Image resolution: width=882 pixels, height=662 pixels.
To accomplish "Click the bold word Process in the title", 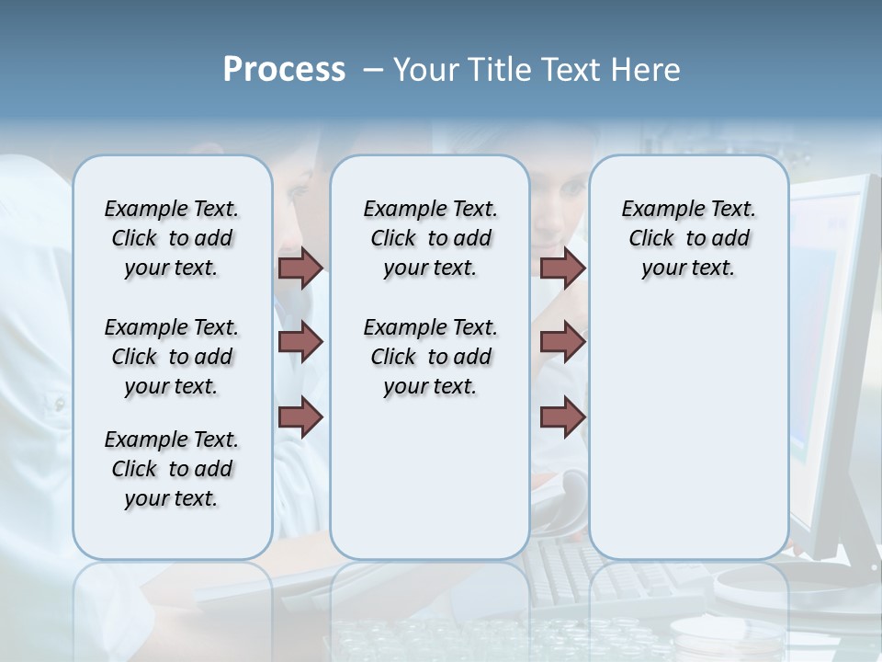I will [x=284, y=70].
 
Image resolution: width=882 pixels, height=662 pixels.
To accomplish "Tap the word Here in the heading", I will [x=647, y=70].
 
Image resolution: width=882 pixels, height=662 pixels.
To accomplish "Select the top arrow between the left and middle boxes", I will [x=300, y=268].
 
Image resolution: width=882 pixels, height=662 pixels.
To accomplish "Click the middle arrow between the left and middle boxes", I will [x=300, y=342].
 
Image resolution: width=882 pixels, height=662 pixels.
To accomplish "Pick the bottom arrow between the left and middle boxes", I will [x=300, y=417].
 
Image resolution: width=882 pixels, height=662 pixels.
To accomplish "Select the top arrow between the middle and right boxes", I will [x=562, y=268].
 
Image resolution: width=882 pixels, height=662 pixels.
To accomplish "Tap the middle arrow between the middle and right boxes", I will [x=562, y=342].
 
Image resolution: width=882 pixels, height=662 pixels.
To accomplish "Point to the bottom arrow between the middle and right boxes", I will [x=562, y=417].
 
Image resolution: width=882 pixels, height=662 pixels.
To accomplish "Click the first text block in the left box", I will [x=172, y=238].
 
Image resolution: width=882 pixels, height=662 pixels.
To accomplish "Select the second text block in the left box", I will [x=172, y=357].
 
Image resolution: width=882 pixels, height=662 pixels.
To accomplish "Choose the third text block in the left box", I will [x=172, y=469].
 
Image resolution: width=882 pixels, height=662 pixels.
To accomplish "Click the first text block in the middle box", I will [x=430, y=238].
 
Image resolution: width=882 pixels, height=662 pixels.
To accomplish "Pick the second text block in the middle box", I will [x=430, y=357].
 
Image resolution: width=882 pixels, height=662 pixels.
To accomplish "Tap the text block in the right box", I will [x=688, y=238].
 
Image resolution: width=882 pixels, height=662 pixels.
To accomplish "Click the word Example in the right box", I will [x=654, y=209].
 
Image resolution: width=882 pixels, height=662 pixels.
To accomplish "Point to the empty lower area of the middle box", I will [x=430, y=478].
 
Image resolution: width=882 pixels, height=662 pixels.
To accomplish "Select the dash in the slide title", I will [x=373, y=70].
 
